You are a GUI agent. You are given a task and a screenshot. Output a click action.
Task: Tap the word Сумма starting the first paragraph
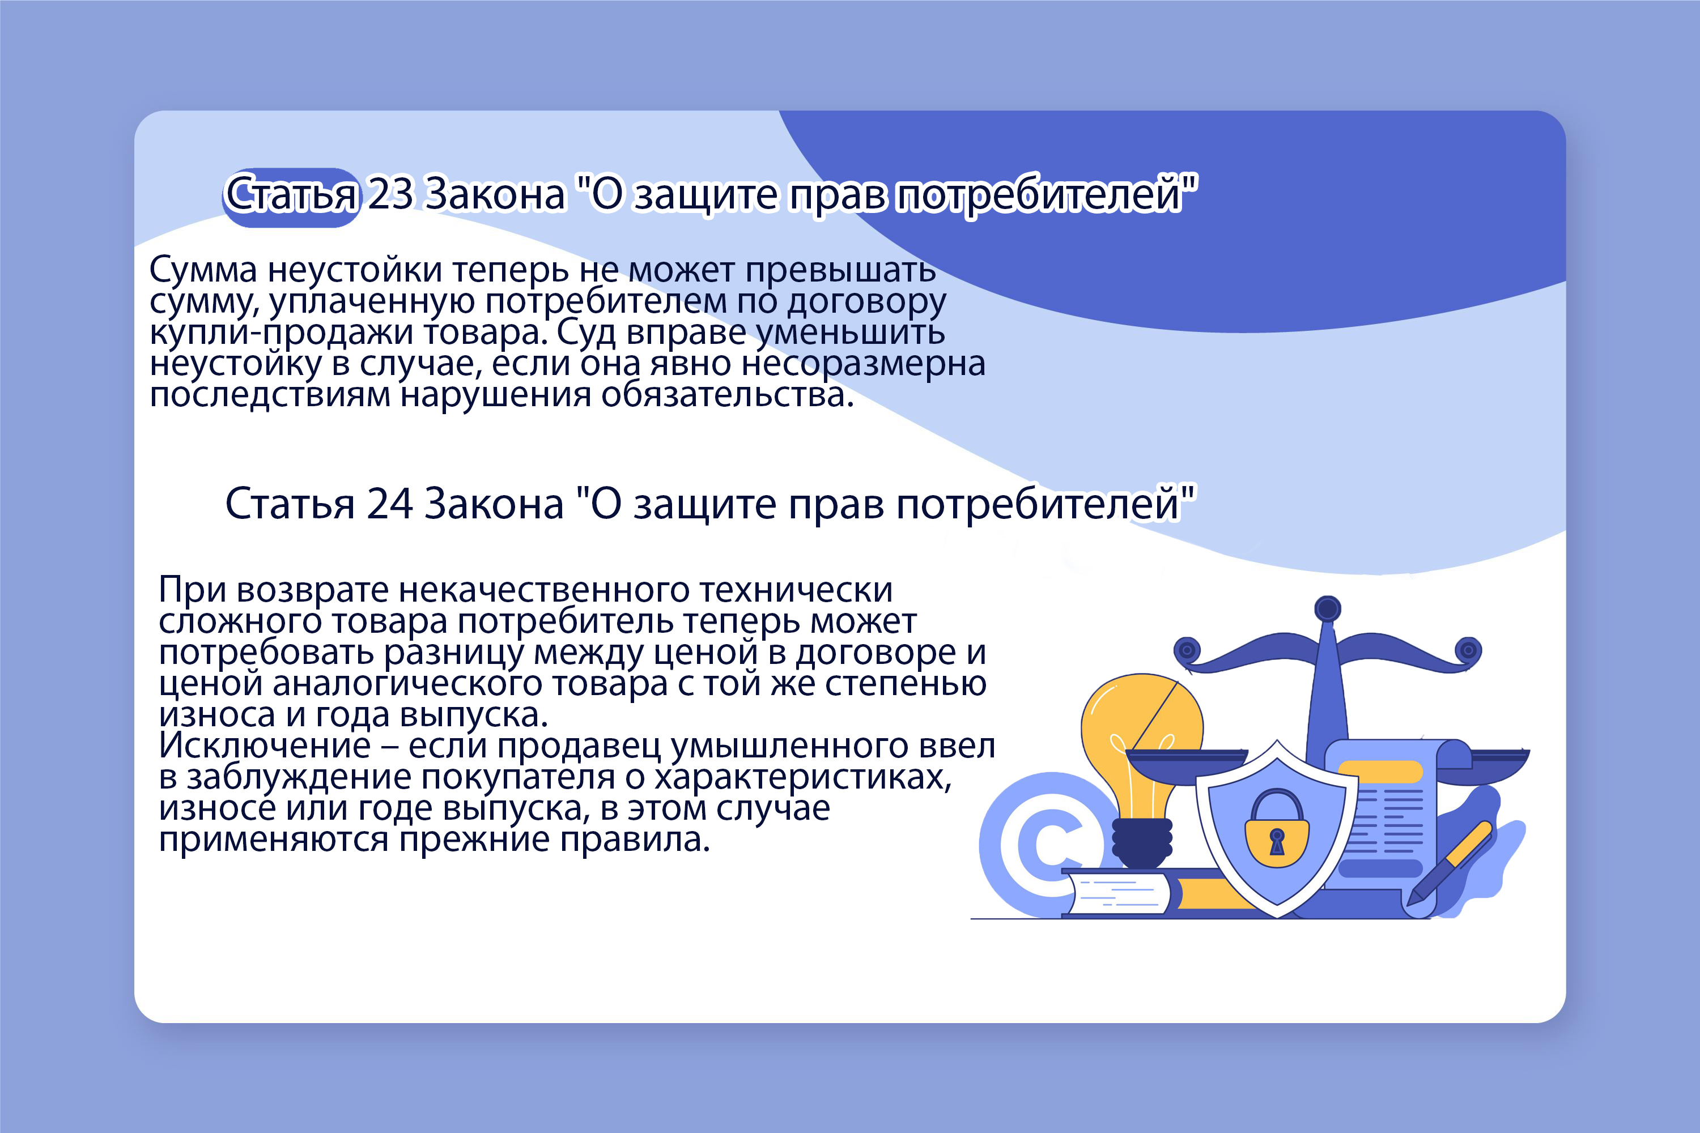(203, 270)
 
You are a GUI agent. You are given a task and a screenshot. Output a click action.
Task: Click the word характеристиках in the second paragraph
(803, 777)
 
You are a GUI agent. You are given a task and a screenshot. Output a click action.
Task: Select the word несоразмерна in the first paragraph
(863, 364)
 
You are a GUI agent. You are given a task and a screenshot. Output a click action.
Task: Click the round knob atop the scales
(1328, 608)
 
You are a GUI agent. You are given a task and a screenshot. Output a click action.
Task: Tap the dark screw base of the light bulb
(1142, 844)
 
